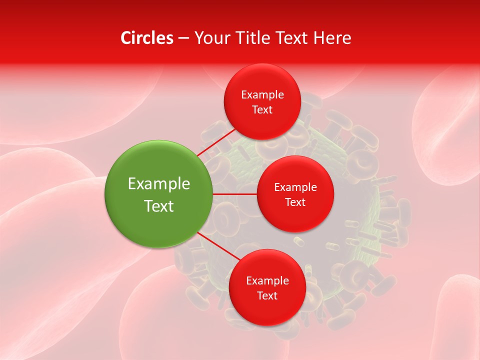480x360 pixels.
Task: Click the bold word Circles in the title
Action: tap(146, 38)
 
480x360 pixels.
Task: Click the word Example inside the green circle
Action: tap(159, 184)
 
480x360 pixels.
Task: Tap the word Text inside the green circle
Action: tap(159, 206)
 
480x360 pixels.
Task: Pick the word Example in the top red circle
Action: tap(262, 95)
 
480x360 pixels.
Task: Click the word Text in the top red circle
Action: tap(262, 110)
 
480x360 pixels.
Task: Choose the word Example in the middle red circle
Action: tap(295, 187)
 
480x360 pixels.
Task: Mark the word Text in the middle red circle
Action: tap(295, 202)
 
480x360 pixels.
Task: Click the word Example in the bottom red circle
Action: tap(267, 281)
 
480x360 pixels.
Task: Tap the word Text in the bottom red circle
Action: tap(267, 296)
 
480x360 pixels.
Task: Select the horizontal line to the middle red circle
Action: tap(235, 194)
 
